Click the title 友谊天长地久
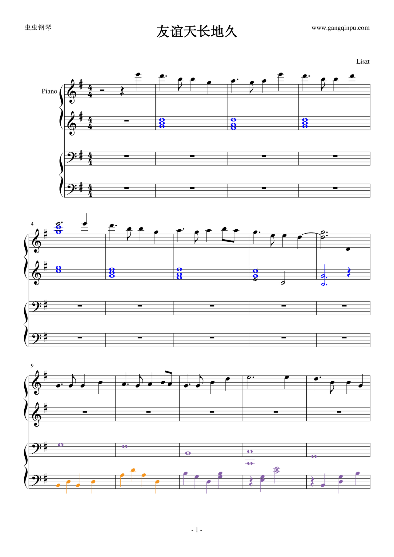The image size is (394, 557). coord(197,31)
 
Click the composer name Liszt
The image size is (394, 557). coord(363,62)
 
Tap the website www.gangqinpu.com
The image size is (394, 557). coord(340,28)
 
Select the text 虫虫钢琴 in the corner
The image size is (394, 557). coord(38,27)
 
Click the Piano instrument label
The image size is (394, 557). coord(50,91)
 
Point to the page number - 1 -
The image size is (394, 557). coord(197,530)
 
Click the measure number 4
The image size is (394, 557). coord(32,224)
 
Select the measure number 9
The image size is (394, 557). coord(32,365)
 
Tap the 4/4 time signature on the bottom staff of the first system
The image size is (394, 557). coord(90,191)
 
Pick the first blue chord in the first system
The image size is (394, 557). coord(162,123)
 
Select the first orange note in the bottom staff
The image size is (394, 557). coord(58,485)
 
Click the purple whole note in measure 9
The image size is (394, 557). coord(61,445)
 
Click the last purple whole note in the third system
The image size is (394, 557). coord(314,456)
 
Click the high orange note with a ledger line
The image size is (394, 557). coord(133,470)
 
